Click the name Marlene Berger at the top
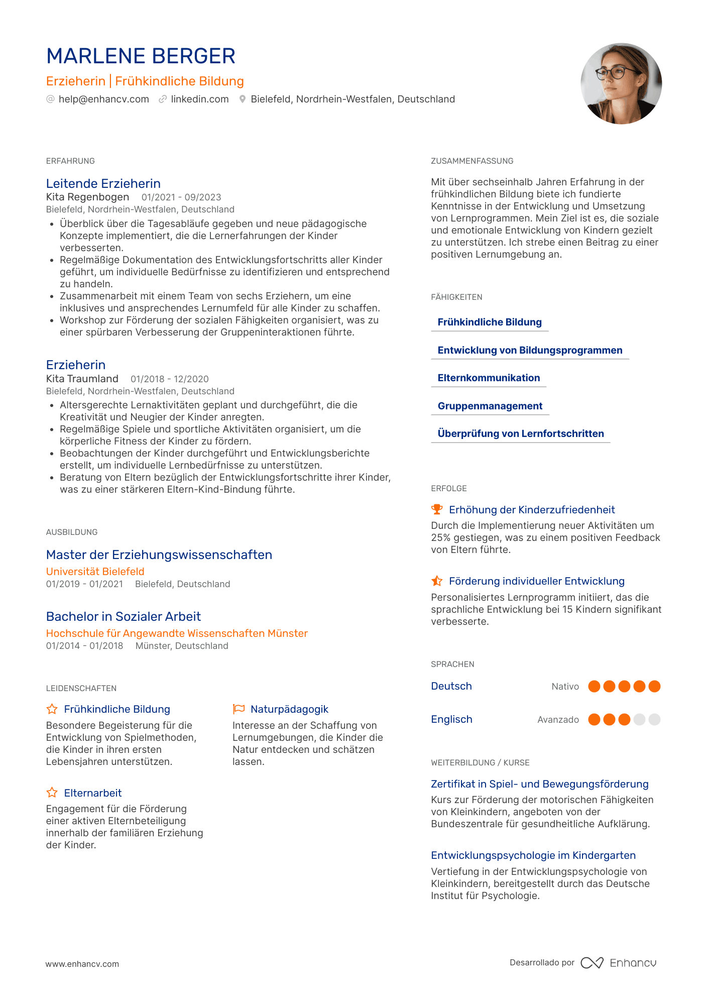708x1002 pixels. [x=141, y=56]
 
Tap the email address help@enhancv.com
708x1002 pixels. [x=103, y=99]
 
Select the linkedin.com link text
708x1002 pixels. [x=199, y=99]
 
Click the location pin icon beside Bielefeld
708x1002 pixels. [x=243, y=99]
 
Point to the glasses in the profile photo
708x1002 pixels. [x=611, y=73]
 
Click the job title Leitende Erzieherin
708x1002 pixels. [x=103, y=184]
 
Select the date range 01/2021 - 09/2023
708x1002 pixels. [x=181, y=197]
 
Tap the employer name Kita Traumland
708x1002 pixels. [x=82, y=379]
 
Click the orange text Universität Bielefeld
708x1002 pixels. [x=95, y=572]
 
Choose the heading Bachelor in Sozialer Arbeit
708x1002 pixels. [x=124, y=617]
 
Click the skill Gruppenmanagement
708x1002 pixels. [x=490, y=406]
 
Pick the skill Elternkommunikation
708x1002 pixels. [x=489, y=378]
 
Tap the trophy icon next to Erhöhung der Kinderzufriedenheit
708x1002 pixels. [x=437, y=509]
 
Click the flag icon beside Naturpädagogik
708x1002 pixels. [x=239, y=709]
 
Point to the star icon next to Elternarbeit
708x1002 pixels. [x=52, y=793]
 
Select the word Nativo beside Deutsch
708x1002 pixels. [x=565, y=687]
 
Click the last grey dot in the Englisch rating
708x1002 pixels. [x=654, y=720]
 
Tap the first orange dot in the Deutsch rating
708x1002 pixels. [x=594, y=687]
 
